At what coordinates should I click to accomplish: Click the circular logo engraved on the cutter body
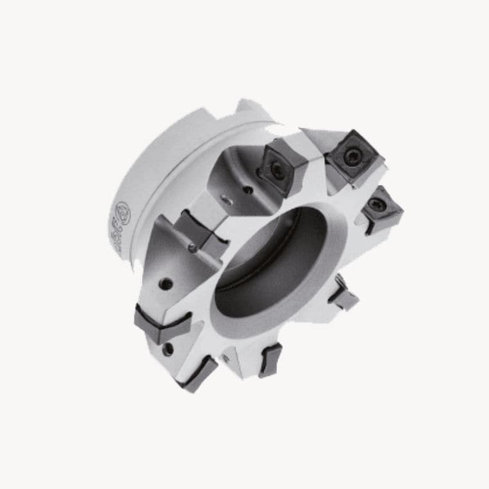tap(121, 213)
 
